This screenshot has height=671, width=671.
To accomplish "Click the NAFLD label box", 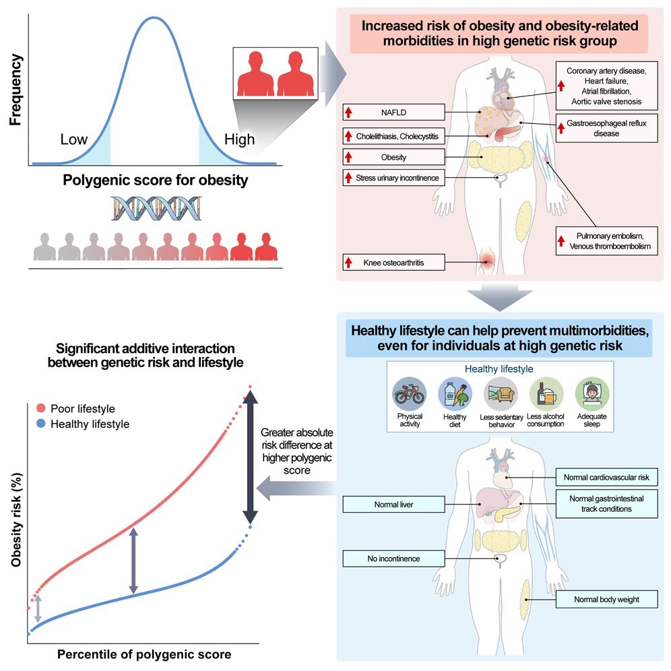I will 393,113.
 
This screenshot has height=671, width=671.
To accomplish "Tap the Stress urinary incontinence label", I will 393,179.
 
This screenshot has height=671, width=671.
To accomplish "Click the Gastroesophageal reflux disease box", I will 607,129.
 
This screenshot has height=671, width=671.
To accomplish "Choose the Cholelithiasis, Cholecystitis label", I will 393,137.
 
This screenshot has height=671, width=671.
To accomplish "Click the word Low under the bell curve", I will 74,139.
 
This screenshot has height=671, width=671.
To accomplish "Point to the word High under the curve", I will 240,139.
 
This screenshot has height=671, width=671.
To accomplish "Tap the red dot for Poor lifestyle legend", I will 42,409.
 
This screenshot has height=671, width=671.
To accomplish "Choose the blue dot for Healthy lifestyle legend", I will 42,424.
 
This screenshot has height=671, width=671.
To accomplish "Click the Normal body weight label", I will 606,599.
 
